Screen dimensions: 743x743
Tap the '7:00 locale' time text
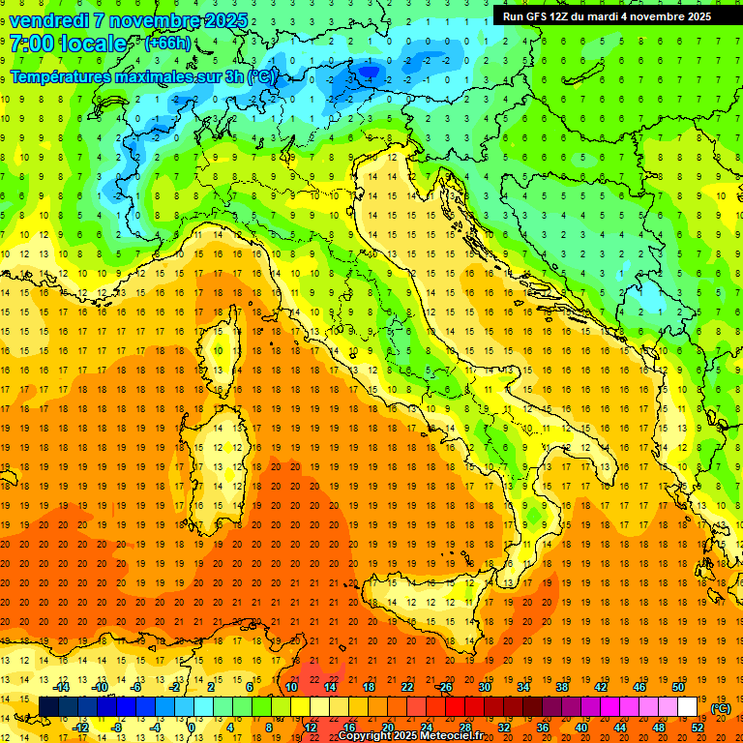point(68,44)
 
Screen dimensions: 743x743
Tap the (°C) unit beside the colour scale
point(720,708)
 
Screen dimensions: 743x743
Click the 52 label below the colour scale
point(698,728)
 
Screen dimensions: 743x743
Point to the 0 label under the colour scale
point(192,728)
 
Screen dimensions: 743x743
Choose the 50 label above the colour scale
point(678,687)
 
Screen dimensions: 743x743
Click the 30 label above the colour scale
point(485,687)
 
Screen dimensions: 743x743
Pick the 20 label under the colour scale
point(388,728)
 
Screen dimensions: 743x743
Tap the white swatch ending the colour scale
point(688,707)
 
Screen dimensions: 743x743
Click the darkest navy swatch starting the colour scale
point(49,707)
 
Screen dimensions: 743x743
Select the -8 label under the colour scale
point(117,728)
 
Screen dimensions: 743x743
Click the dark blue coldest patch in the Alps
point(369,70)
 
